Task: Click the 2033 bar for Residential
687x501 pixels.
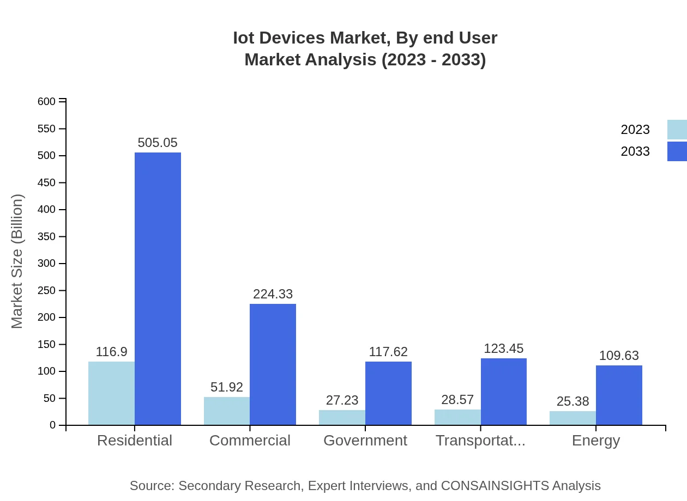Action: point(158,289)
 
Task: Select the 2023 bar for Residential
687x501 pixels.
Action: point(111,393)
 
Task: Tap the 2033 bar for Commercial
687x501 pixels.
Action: point(273,364)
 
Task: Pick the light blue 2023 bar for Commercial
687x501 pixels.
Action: point(227,411)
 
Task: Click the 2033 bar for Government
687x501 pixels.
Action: point(388,393)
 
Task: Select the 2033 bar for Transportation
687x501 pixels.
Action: point(504,392)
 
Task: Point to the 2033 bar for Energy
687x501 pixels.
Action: point(619,395)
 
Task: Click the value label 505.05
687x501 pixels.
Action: point(158,143)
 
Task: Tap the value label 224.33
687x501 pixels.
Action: point(273,294)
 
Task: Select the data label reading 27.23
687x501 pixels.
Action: point(342,400)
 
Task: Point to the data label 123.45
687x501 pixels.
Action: point(504,349)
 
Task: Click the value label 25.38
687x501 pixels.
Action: point(572,401)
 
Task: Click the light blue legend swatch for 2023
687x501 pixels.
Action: point(677,130)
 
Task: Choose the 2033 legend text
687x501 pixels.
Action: point(635,151)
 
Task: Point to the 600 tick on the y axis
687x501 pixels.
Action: point(47,102)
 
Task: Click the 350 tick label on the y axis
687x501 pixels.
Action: point(47,237)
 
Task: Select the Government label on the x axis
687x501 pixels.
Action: point(365,441)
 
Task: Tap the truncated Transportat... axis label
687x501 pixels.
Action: point(480,441)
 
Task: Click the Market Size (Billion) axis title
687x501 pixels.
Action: point(17,261)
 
